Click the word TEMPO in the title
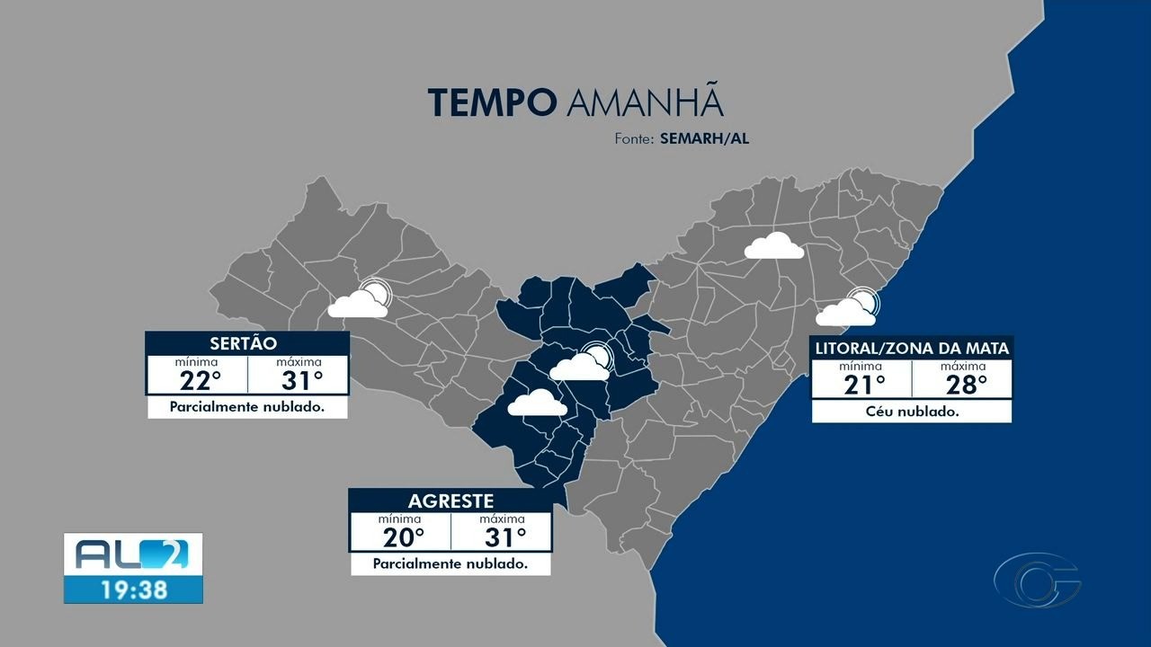[491, 103]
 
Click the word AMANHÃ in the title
[645, 103]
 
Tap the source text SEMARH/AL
[704, 139]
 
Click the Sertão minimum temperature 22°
[201, 381]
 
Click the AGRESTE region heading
[451, 501]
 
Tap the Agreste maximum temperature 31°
[504, 537]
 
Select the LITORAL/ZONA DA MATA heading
[912, 348]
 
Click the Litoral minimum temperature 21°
[864, 385]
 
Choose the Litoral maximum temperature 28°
[966, 385]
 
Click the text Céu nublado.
[912, 412]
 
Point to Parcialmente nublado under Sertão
[247, 407]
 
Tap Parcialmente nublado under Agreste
[451, 564]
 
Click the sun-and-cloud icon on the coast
[848, 308]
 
